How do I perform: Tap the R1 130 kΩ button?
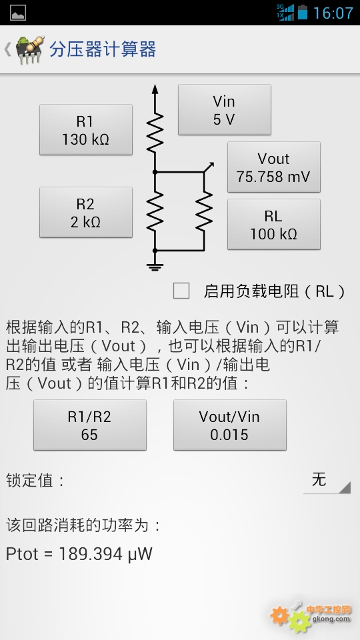pos(86,130)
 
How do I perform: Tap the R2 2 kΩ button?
pos(86,212)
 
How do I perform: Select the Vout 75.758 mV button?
pos(273,167)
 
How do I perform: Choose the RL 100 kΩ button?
pos(273,225)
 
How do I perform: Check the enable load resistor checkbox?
pos(181,291)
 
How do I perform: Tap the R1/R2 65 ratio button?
pos(90,425)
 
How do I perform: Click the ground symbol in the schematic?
pos(155,267)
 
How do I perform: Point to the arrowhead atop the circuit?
pos(155,89)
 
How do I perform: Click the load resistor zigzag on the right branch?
pos(204,211)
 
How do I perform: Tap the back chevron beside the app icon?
pos(7,49)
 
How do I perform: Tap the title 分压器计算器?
pos(103,49)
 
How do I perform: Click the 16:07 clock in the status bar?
pos(333,13)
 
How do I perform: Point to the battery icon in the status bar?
pos(303,12)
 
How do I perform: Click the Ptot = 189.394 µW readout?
pos(79,554)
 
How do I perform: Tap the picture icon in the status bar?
pos(18,13)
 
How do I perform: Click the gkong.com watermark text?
pos(331,619)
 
